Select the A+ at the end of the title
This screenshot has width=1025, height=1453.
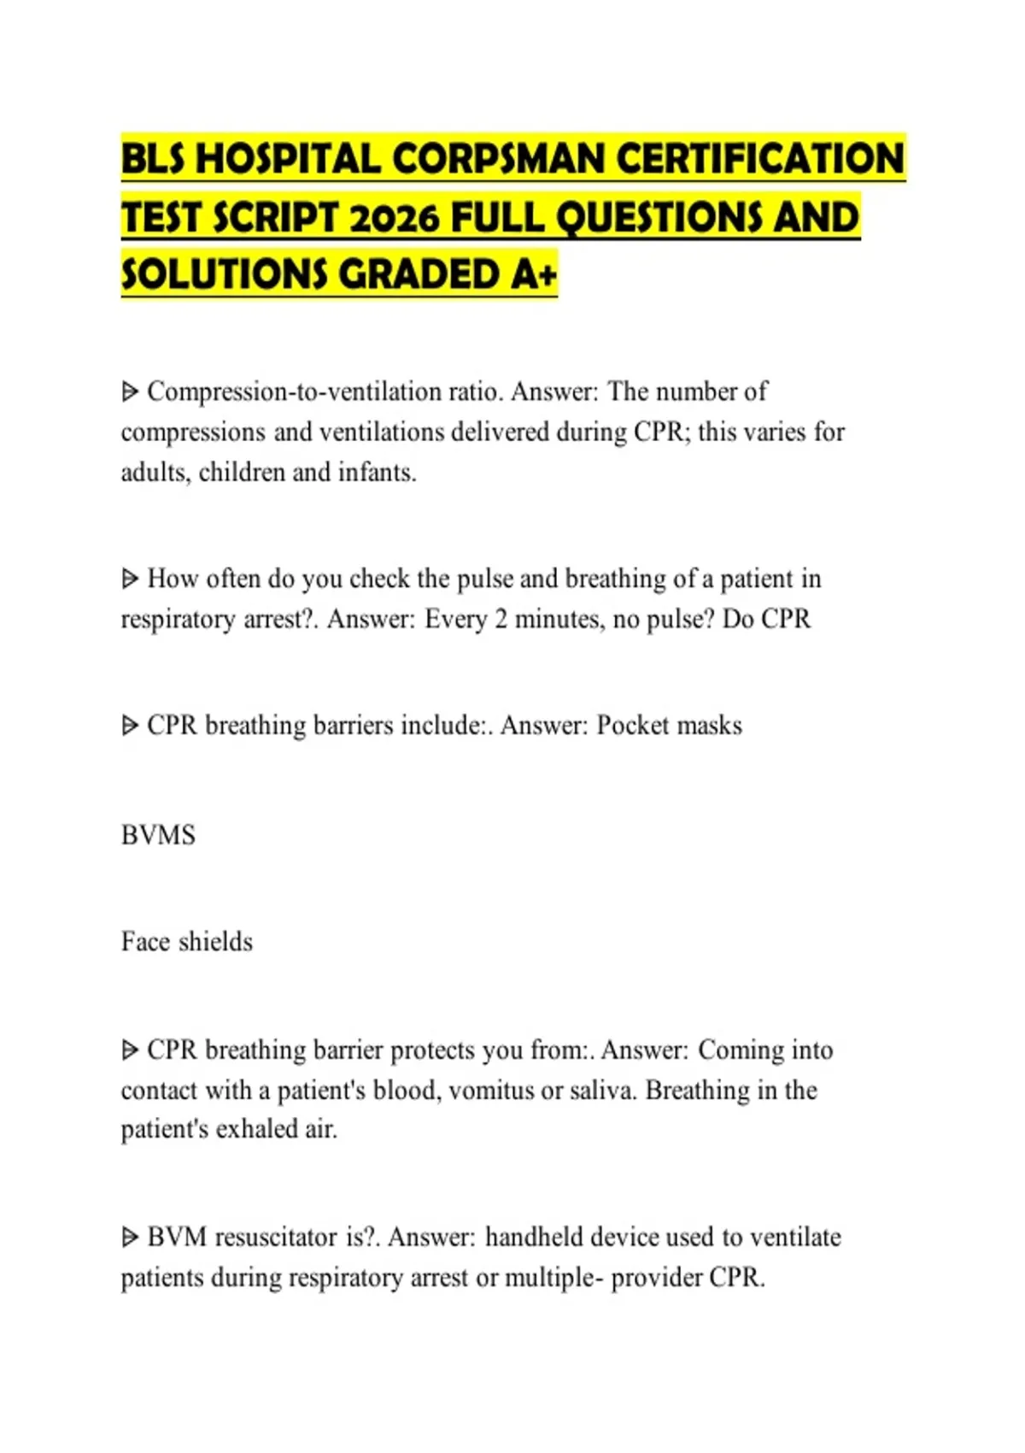coord(535,275)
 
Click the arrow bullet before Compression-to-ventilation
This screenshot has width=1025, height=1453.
coord(130,392)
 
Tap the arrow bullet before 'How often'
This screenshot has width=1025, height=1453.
coord(130,579)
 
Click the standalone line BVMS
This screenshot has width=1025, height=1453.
coord(158,835)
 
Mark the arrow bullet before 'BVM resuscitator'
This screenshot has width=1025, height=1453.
coord(130,1238)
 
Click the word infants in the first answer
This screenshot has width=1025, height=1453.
coord(376,473)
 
